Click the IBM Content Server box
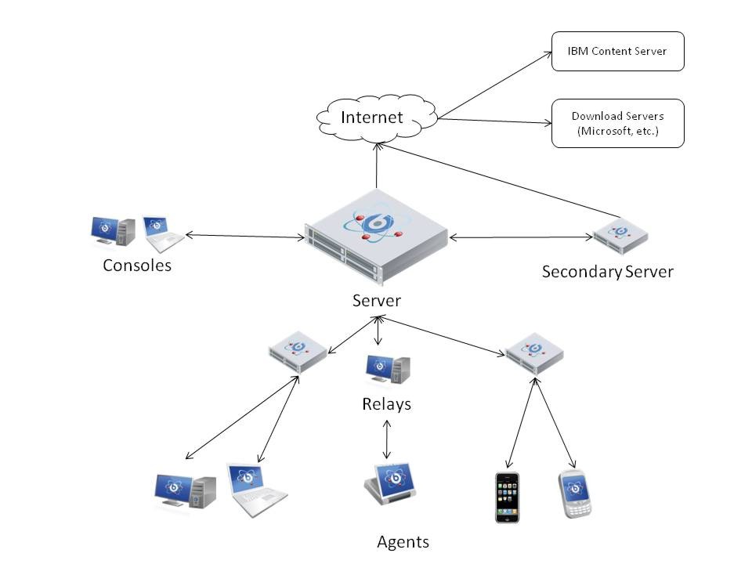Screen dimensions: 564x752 pos(617,51)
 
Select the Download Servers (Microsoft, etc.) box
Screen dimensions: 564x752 pos(617,123)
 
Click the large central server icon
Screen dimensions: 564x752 pos(376,235)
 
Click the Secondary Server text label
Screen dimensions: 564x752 pos(607,272)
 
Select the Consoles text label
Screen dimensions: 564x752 pos(137,266)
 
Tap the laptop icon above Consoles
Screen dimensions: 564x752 pos(161,233)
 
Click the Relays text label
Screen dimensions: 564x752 pos(386,404)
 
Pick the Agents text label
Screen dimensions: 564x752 pos(403,541)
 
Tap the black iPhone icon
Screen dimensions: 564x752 pos(508,497)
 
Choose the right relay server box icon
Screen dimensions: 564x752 pos(534,353)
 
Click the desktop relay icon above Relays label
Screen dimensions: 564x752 pos(388,370)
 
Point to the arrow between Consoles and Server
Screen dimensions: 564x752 pos(244,236)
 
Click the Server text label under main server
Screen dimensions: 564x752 pos(377,300)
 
